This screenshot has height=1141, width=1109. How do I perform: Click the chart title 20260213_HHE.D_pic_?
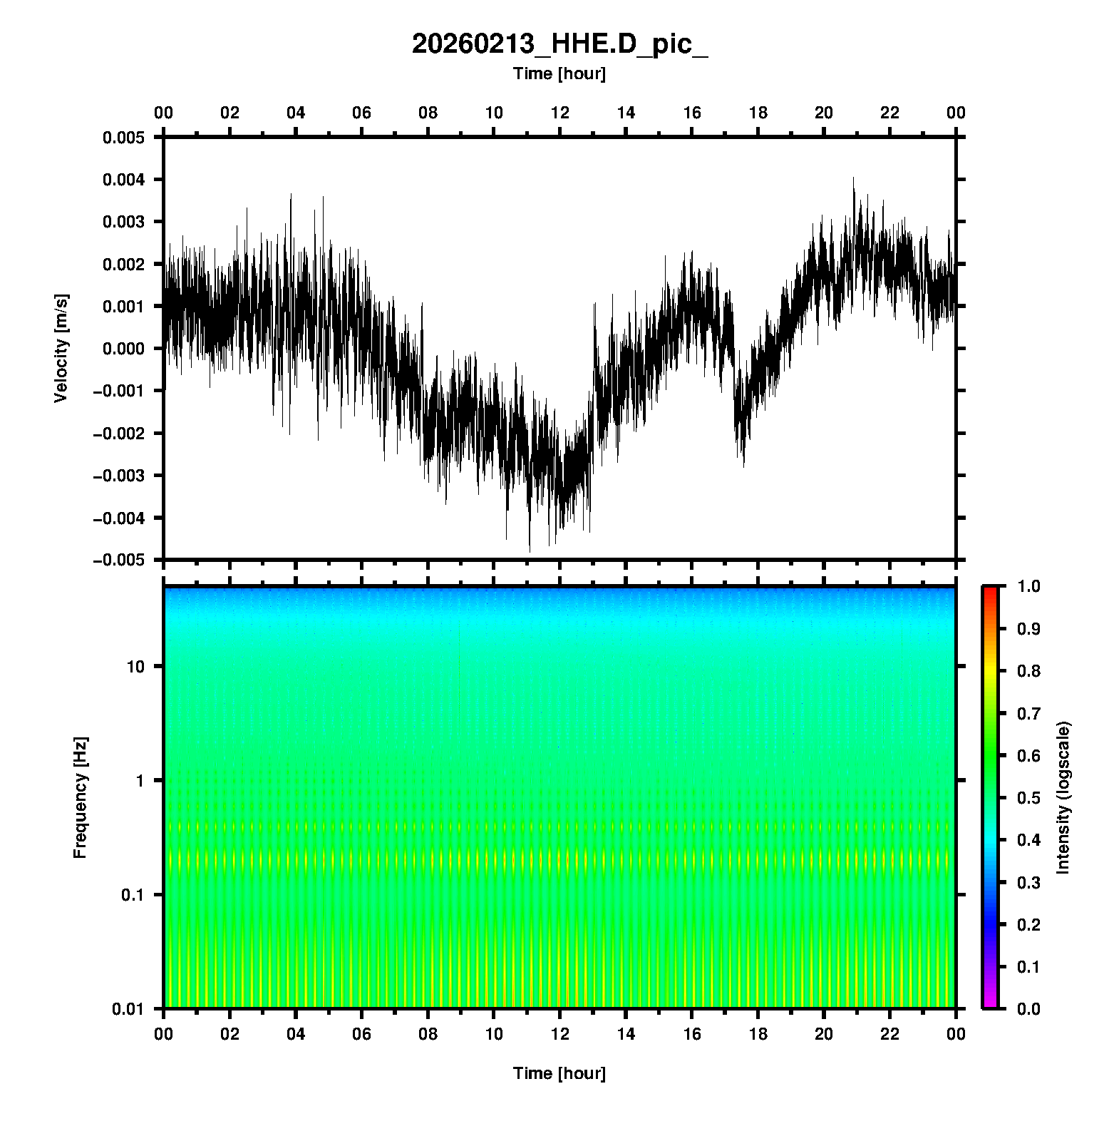pos(559,44)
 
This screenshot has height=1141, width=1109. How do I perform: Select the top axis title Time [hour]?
pos(559,73)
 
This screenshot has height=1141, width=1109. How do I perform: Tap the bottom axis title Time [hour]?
pos(559,1073)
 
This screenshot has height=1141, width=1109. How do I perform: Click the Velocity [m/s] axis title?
pos(61,348)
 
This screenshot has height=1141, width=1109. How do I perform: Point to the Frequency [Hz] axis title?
pos(80,797)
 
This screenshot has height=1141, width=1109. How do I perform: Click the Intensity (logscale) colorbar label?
pos(1063,797)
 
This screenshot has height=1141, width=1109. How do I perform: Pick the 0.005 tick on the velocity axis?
pos(124,138)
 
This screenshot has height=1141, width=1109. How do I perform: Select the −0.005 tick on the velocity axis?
pos(118,561)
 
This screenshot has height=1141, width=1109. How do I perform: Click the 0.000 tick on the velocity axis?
pos(124,349)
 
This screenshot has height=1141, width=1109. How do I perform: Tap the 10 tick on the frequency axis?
pos(135,667)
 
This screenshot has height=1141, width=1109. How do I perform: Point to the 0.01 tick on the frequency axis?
pos(128,1008)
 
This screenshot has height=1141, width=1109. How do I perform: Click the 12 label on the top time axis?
pos(560,113)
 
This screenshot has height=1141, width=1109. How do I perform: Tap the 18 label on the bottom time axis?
pos(758,1034)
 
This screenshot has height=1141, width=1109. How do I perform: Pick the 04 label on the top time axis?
pos(296,113)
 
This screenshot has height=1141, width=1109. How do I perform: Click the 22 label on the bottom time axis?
pos(890,1034)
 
